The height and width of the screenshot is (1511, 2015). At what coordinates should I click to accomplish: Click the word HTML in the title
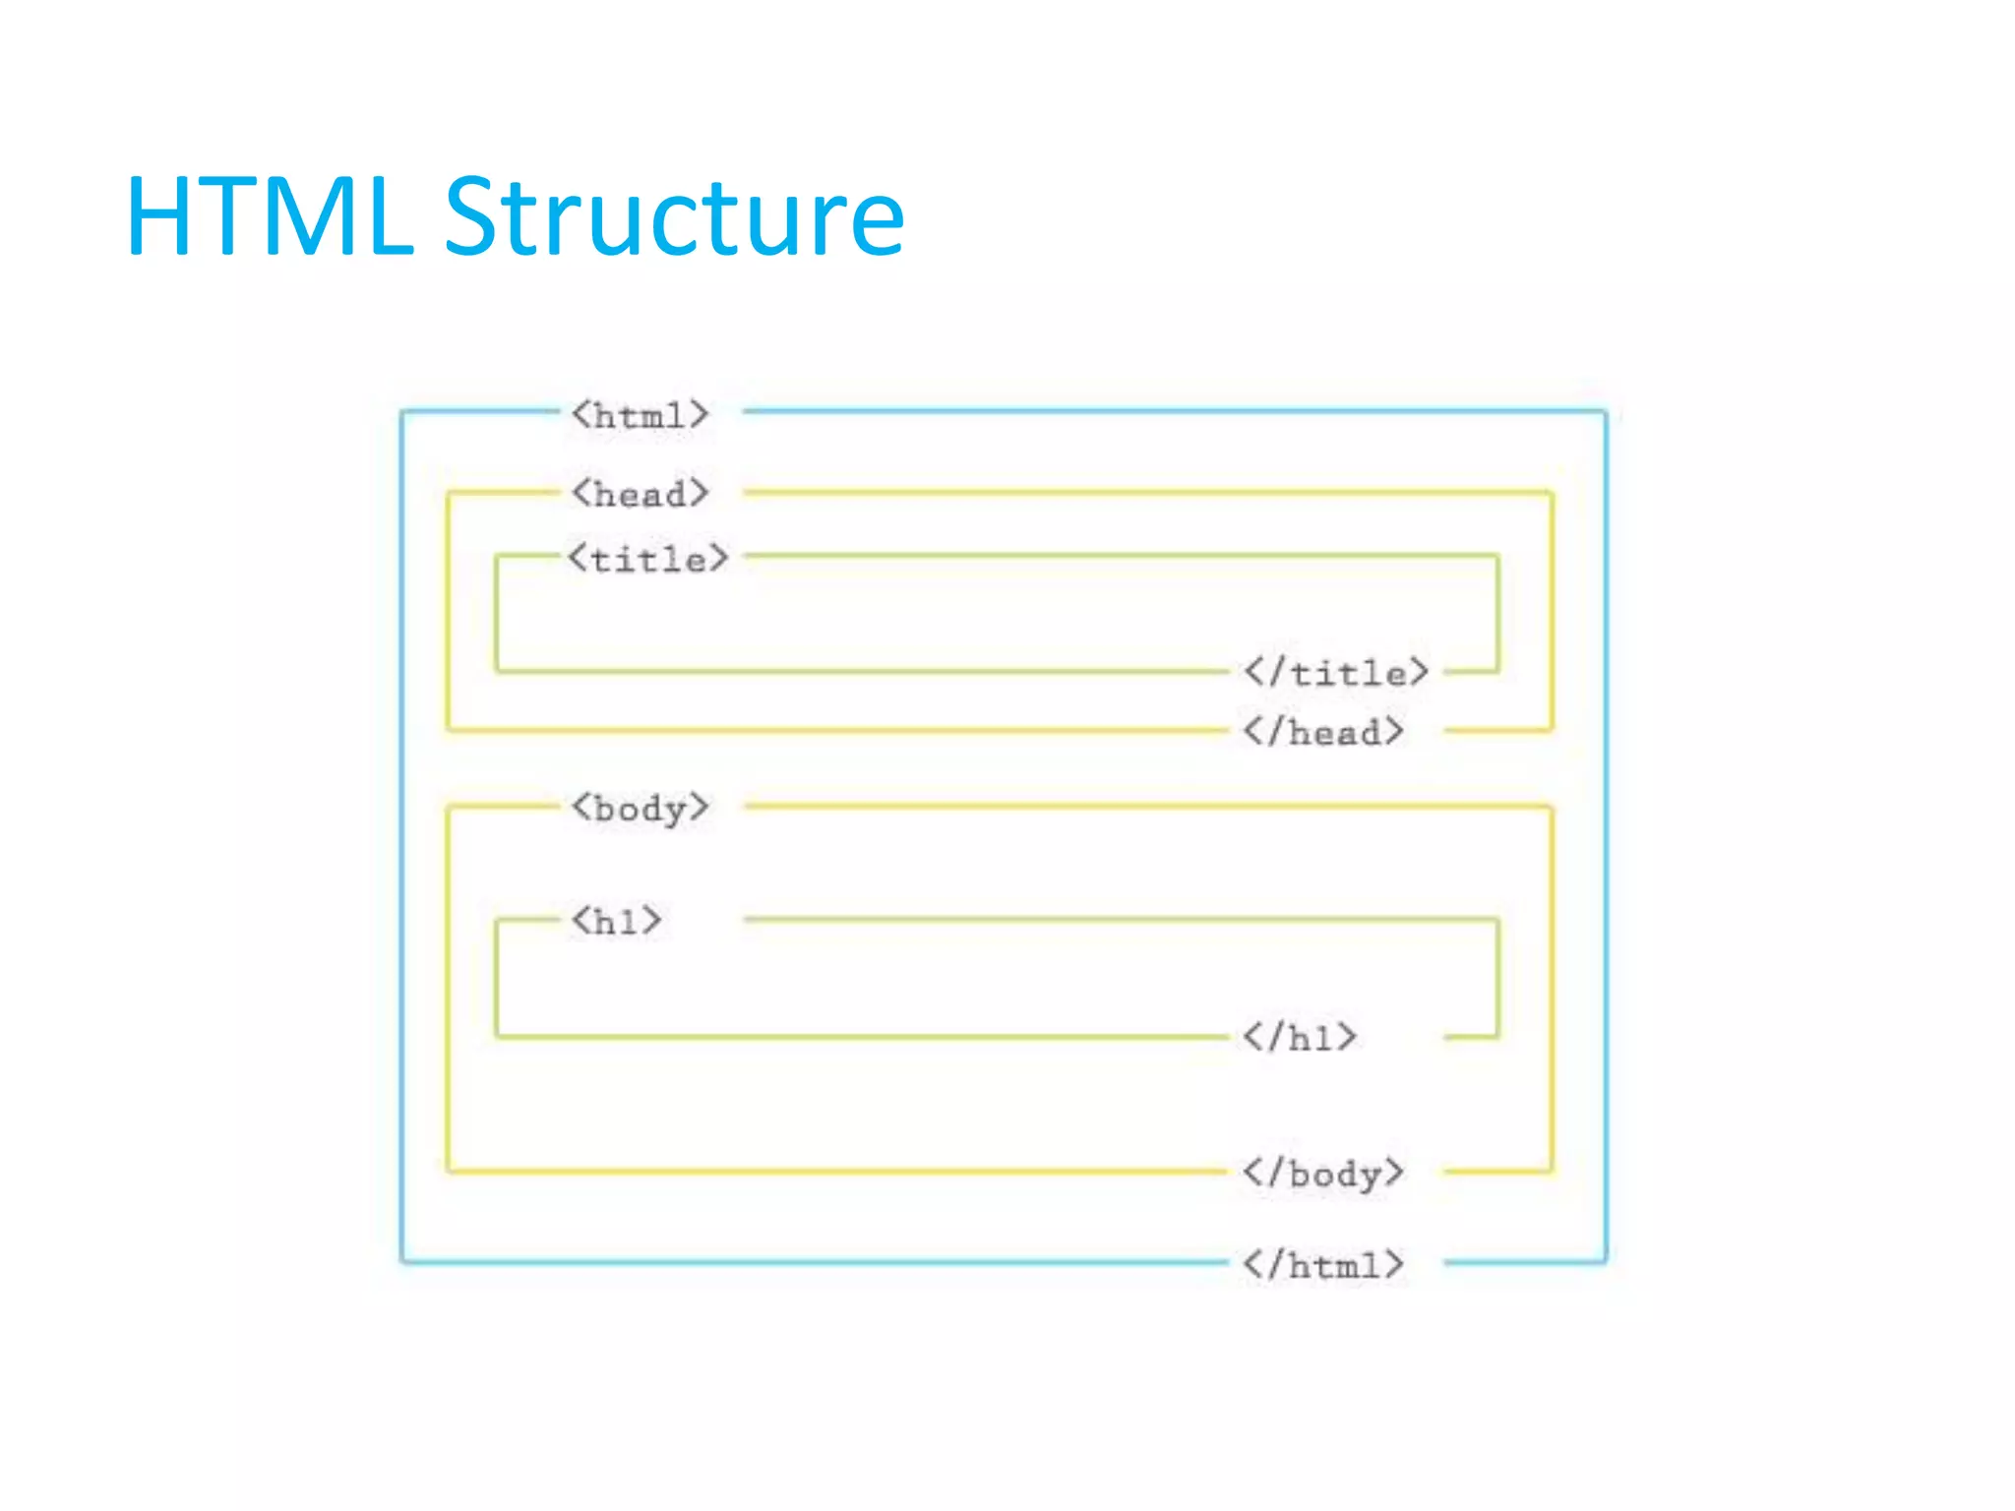coord(269,218)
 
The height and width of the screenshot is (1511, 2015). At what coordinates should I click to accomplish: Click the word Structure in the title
coord(674,218)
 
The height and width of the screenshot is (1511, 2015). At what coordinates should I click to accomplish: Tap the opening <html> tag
coord(640,415)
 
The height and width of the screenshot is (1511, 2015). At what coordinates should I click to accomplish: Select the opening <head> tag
coord(640,493)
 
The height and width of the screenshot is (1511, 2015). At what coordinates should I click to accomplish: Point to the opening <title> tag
coord(648,559)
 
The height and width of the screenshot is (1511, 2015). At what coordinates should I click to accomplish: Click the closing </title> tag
coord(1335,673)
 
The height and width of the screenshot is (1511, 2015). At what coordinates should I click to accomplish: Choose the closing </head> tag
coord(1323,732)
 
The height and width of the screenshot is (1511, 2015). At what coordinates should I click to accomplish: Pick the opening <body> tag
coord(640,808)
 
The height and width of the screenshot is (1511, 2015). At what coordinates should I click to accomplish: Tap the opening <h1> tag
coord(617,922)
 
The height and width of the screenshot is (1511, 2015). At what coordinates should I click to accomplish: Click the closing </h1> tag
coord(1300,1037)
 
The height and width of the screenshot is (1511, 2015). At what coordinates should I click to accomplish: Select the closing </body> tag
coord(1323,1173)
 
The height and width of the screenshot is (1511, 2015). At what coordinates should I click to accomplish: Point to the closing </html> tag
coord(1323,1264)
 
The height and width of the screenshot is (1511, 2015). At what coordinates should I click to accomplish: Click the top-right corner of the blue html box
coord(1606,411)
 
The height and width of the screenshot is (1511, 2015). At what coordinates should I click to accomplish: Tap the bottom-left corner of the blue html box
coord(401,1261)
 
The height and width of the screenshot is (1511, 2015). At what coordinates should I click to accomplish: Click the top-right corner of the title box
coord(1497,556)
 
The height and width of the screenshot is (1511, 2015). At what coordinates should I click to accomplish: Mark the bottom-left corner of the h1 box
coord(497,1036)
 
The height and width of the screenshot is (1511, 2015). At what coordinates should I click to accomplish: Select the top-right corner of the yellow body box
coord(1552,807)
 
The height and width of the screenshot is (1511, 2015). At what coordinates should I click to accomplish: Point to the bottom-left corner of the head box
coord(448,730)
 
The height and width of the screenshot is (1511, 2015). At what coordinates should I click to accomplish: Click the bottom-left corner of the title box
coord(497,671)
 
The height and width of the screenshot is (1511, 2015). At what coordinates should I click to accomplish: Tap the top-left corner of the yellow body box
coord(448,807)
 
